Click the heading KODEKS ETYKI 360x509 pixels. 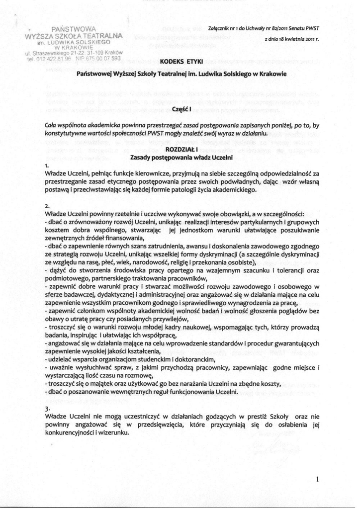pos(180,61)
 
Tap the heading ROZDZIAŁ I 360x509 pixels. pos(180,149)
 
